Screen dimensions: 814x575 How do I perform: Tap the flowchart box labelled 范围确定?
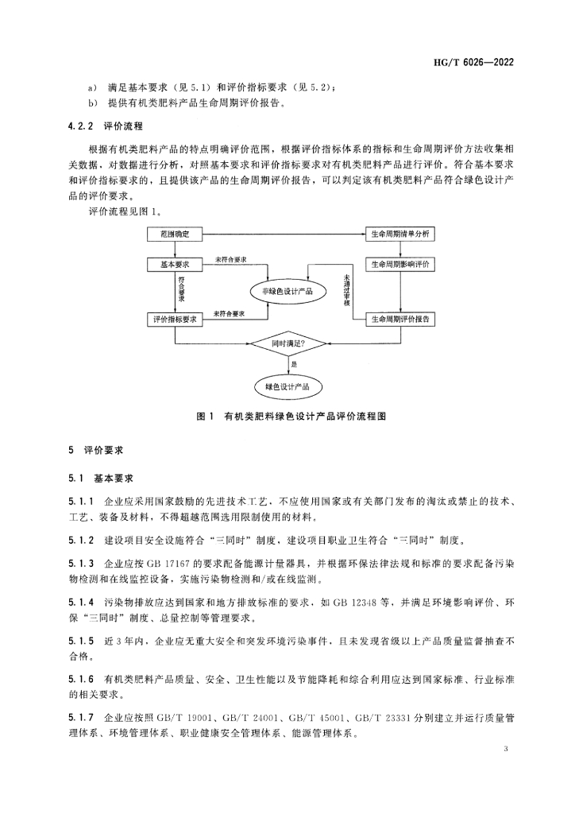coord(175,235)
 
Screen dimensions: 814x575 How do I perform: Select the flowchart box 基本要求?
coord(175,264)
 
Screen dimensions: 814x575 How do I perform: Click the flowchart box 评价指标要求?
coord(175,318)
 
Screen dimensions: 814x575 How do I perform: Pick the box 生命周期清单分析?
coord(399,235)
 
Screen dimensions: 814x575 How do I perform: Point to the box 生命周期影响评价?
coord(399,264)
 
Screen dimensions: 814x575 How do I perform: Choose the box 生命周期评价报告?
coord(399,318)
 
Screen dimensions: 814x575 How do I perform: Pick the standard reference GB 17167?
coord(166,564)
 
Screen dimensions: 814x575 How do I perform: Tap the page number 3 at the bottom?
coord(506,750)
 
